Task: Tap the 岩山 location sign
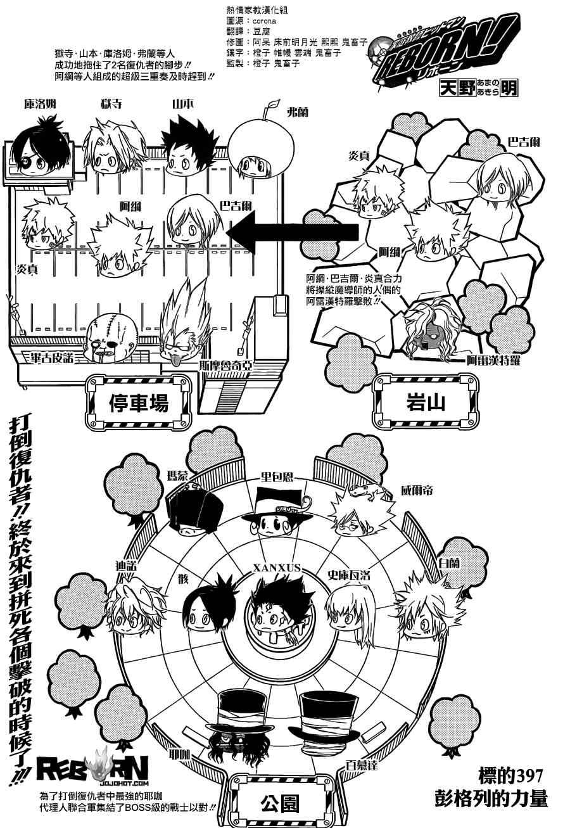tap(424, 402)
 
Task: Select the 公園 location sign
tap(279, 804)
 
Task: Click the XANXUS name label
tap(275, 568)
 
